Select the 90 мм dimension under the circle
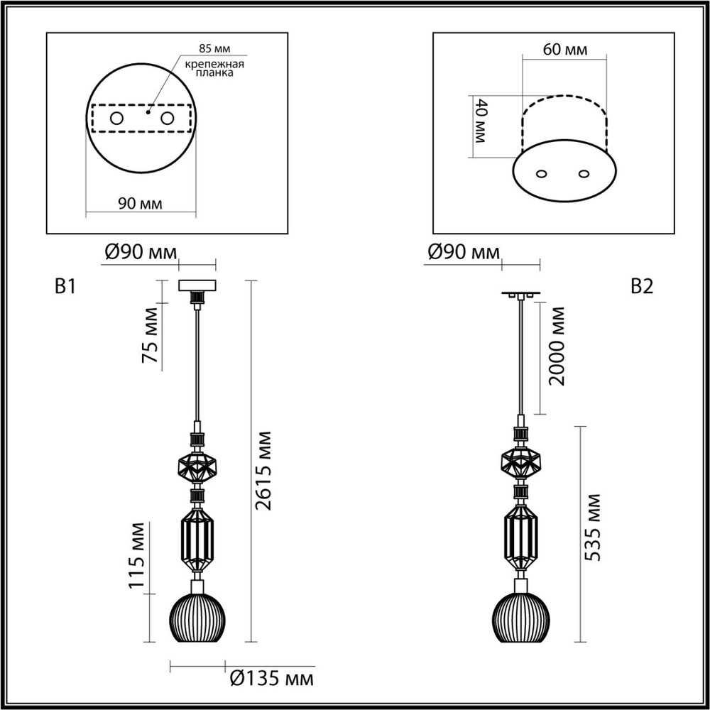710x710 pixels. point(140,204)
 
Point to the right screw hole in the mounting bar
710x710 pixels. point(168,119)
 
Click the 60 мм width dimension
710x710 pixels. point(564,50)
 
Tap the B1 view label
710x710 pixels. point(65,286)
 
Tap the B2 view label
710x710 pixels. point(642,286)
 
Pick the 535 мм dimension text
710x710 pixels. point(594,527)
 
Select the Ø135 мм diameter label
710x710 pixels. point(272,679)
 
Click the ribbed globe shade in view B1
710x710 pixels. point(197,619)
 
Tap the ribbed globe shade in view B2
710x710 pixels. point(522,619)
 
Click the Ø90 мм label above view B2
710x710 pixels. point(464,253)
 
